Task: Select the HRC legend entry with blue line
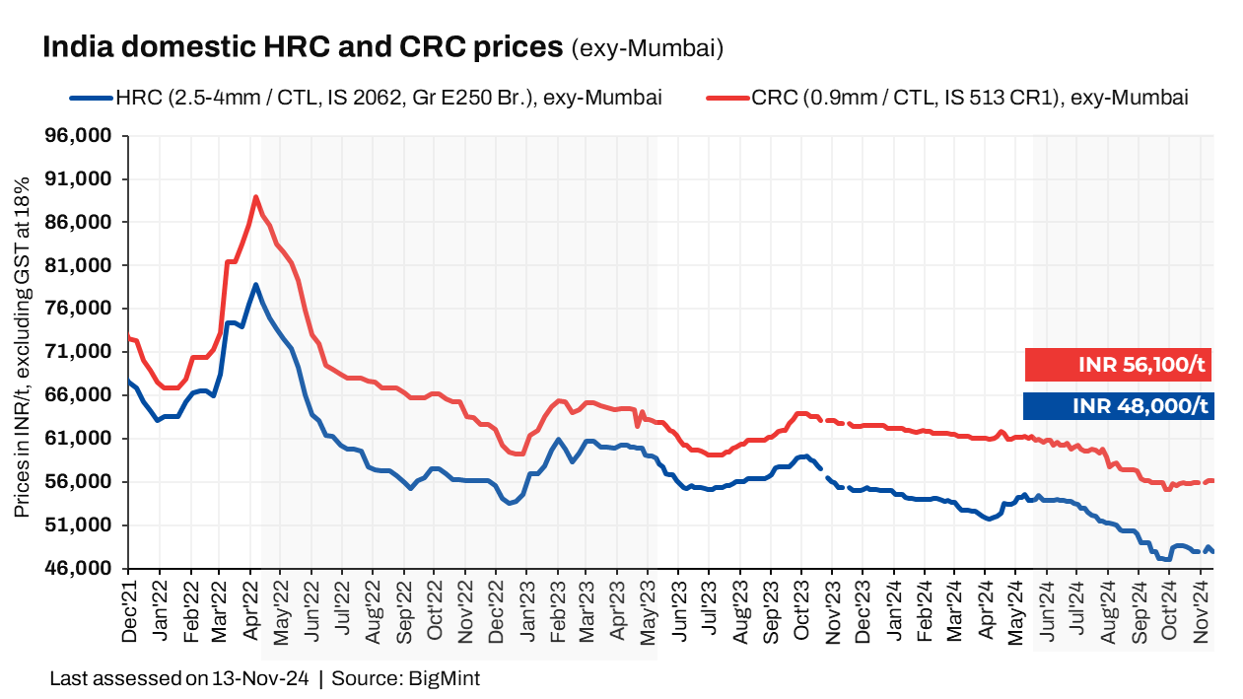click(x=365, y=98)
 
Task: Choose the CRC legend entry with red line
click(x=946, y=98)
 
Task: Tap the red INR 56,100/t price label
click(x=1119, y=365)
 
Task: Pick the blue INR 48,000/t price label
click(x=1119, y=406)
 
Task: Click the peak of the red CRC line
click(x=255, y=197)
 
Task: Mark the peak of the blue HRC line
click(x=255, y=285)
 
